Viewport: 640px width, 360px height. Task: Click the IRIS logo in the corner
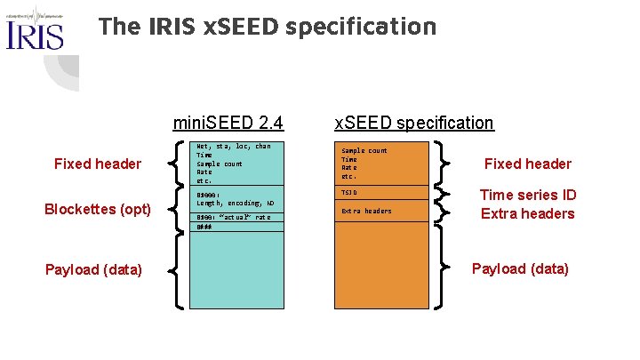tap(35, 29)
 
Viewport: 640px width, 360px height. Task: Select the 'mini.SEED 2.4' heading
tap(228, 123)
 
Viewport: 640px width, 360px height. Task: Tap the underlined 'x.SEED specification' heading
tap(413, 123)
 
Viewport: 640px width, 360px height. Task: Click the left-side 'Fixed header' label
tap(98, 164)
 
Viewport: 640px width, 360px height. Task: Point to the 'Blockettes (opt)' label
tap(98, 210)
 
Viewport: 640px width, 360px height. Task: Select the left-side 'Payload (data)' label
tap(93, 268)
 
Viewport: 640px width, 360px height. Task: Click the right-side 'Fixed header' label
tap(527, 164)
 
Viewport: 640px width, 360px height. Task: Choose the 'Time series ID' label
tap(527, 195)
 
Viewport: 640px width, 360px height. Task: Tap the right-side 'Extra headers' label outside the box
tap(527, 213)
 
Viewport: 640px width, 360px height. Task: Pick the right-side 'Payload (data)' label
tap(520, 268)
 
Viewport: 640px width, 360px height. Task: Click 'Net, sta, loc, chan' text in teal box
tap(234, 146)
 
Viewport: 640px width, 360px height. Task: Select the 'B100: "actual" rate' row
tap(233, 218)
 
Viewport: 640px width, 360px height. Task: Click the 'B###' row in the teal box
tap(204, 227)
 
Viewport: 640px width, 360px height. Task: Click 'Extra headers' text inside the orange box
tap(366, 211)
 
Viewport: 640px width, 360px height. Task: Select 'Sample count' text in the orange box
tap(364, 151)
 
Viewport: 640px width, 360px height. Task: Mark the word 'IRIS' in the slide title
tap(172, 27)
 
